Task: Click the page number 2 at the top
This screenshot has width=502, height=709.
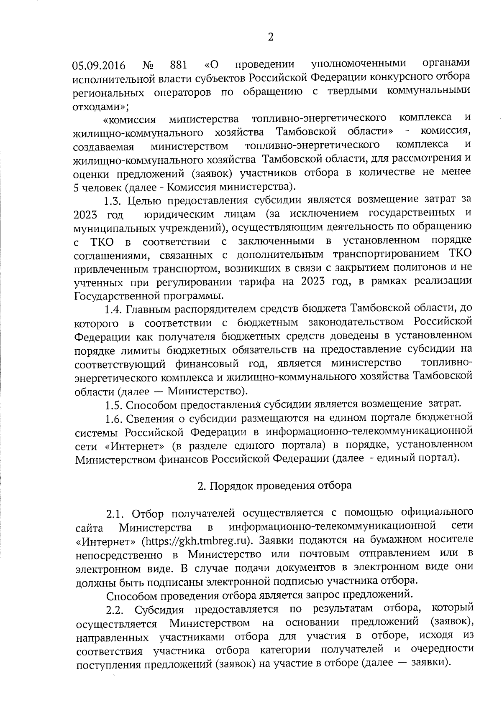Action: [x=270, y=38]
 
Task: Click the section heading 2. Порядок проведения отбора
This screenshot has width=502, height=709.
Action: [x=274, y=485]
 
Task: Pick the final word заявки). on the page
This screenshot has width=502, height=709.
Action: [x=431, y=663]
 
